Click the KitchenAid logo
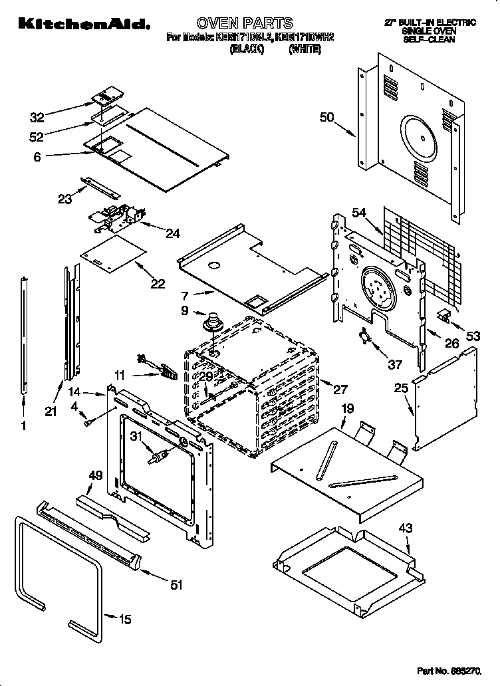tap(83, 25)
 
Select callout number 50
tap(326, 118)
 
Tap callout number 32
tap(37, 118)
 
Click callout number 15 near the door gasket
tap(124, 620)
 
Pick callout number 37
tap(395, 364)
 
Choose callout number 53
tap(473, 336)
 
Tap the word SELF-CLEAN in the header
tap(430, 40)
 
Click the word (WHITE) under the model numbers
tap(305, 49)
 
